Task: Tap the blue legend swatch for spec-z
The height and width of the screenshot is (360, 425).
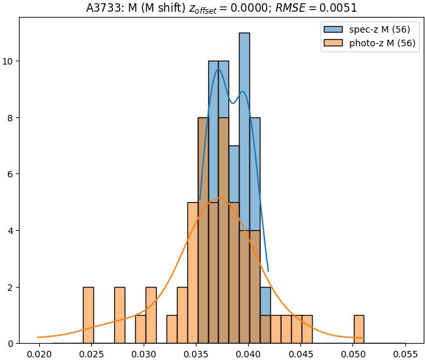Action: (x=332, y=29)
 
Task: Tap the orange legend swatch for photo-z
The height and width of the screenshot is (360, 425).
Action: (x=332, y=44)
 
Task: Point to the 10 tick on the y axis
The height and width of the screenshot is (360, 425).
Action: (x=9, y=61)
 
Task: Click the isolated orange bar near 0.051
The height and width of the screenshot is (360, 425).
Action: (x=359, y=329)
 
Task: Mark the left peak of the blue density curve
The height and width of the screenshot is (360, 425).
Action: (x=218, y=70)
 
